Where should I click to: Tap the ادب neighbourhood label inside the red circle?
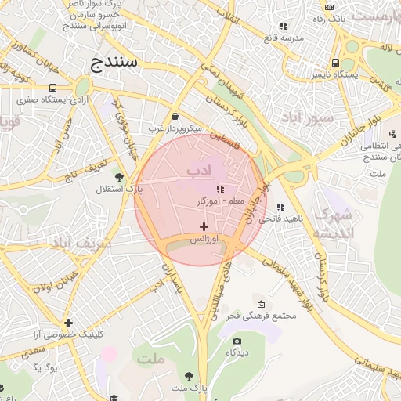[199, 169]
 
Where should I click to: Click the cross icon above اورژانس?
[204, 226]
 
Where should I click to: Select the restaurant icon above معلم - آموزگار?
[220, 189]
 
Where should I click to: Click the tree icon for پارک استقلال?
[119, 177]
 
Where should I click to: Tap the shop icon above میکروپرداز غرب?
[174, 115]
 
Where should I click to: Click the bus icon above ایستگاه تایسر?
[335, 63]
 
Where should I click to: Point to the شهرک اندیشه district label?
[333, 223]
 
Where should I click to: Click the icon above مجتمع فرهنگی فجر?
[261, 305]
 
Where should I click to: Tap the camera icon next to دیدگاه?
[237, 341]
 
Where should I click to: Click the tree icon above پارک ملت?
[188, 376]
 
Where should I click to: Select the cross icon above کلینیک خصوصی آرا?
[69, 323]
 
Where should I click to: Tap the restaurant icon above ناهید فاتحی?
[280, 207]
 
